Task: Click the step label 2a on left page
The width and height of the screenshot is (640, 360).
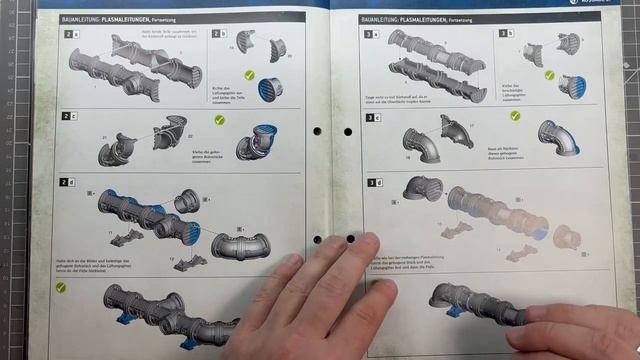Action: [x=69, y=34]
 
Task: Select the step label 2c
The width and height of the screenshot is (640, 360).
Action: [x=69, y=116]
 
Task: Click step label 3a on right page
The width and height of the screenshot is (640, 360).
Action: [x=371, y=34]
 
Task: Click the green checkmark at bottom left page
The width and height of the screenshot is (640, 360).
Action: [x=61, y=287]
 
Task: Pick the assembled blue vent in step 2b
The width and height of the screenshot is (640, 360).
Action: [x=271, y=88]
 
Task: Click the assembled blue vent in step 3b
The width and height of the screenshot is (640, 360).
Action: [x=571, y=87]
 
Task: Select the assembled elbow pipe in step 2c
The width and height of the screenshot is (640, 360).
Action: [x=262, y=141]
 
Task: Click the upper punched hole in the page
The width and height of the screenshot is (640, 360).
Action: [x=317, y=131]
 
